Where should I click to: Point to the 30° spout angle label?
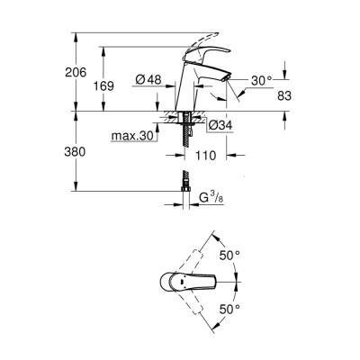coord(260,79)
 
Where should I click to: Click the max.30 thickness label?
coord(130,136)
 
